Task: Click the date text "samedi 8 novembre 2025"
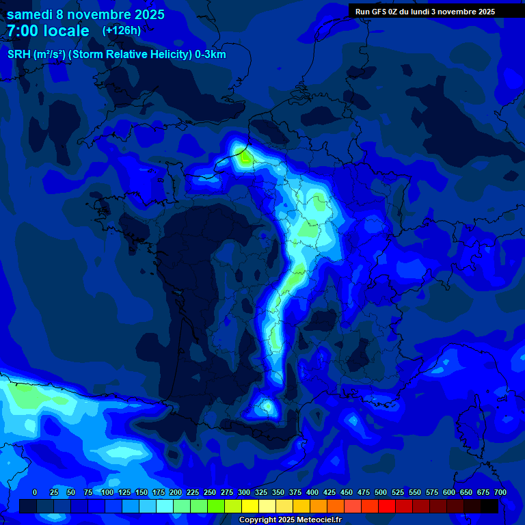tap(85, 14)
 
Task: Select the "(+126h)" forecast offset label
tap(122, 30)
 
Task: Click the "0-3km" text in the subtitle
tap(210, 55)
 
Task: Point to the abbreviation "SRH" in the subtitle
tap(19, 55)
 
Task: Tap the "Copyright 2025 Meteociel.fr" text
tap(290, 520)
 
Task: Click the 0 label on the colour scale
tap(35, 492)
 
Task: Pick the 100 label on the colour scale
tap(107, 492)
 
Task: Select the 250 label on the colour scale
tap(210, 492)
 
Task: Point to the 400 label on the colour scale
tap(312, 492)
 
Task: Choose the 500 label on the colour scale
tap(381, 492)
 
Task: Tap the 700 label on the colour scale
tap(500, 492)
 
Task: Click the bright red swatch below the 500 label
tap(387, 506)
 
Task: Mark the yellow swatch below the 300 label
tap(250, 506)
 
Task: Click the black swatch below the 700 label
tap(489, 506)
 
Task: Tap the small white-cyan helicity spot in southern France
tap(267, 407)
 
